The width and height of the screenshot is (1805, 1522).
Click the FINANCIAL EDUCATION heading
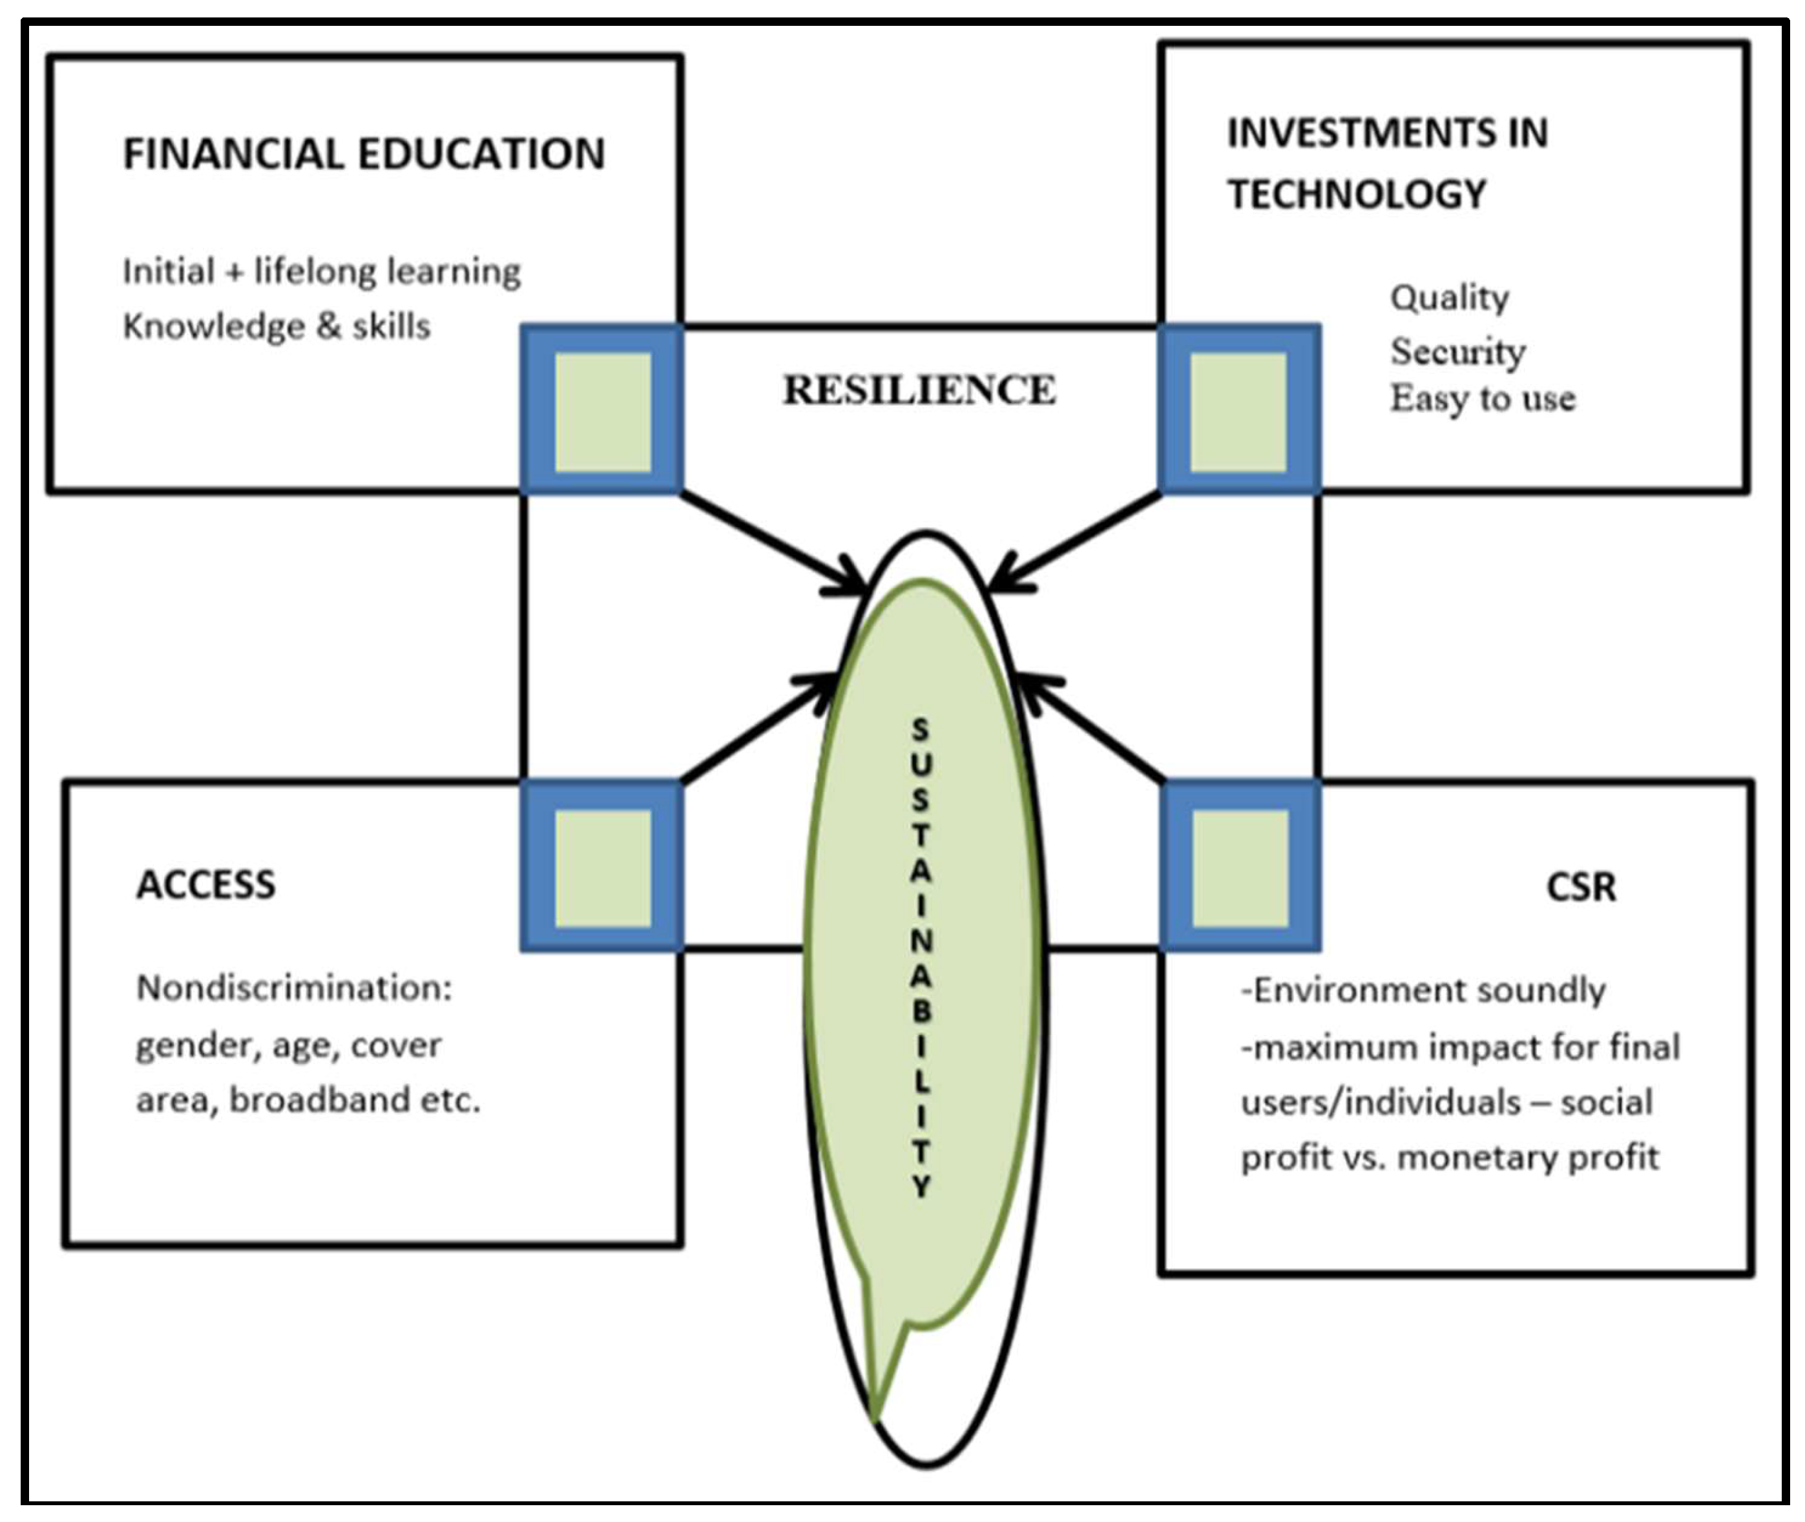tap(364, 154)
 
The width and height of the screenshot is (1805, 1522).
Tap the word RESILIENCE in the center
tap(919, 390)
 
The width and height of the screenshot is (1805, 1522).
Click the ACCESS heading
tap(206, 884)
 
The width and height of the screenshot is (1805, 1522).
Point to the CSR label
tap(1581, 887)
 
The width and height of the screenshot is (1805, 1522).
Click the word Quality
tap(1450, 298)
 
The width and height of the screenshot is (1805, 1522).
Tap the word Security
tap(1457, 351)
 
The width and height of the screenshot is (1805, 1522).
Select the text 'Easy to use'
tap(1482, 399)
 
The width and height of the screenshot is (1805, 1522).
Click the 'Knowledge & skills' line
tap(276, 327)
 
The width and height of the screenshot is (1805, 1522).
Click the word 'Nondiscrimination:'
tap(294, 988)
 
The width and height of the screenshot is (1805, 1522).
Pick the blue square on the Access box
tap(602, 866)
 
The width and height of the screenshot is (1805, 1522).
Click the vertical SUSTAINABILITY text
tap(921, 958)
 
